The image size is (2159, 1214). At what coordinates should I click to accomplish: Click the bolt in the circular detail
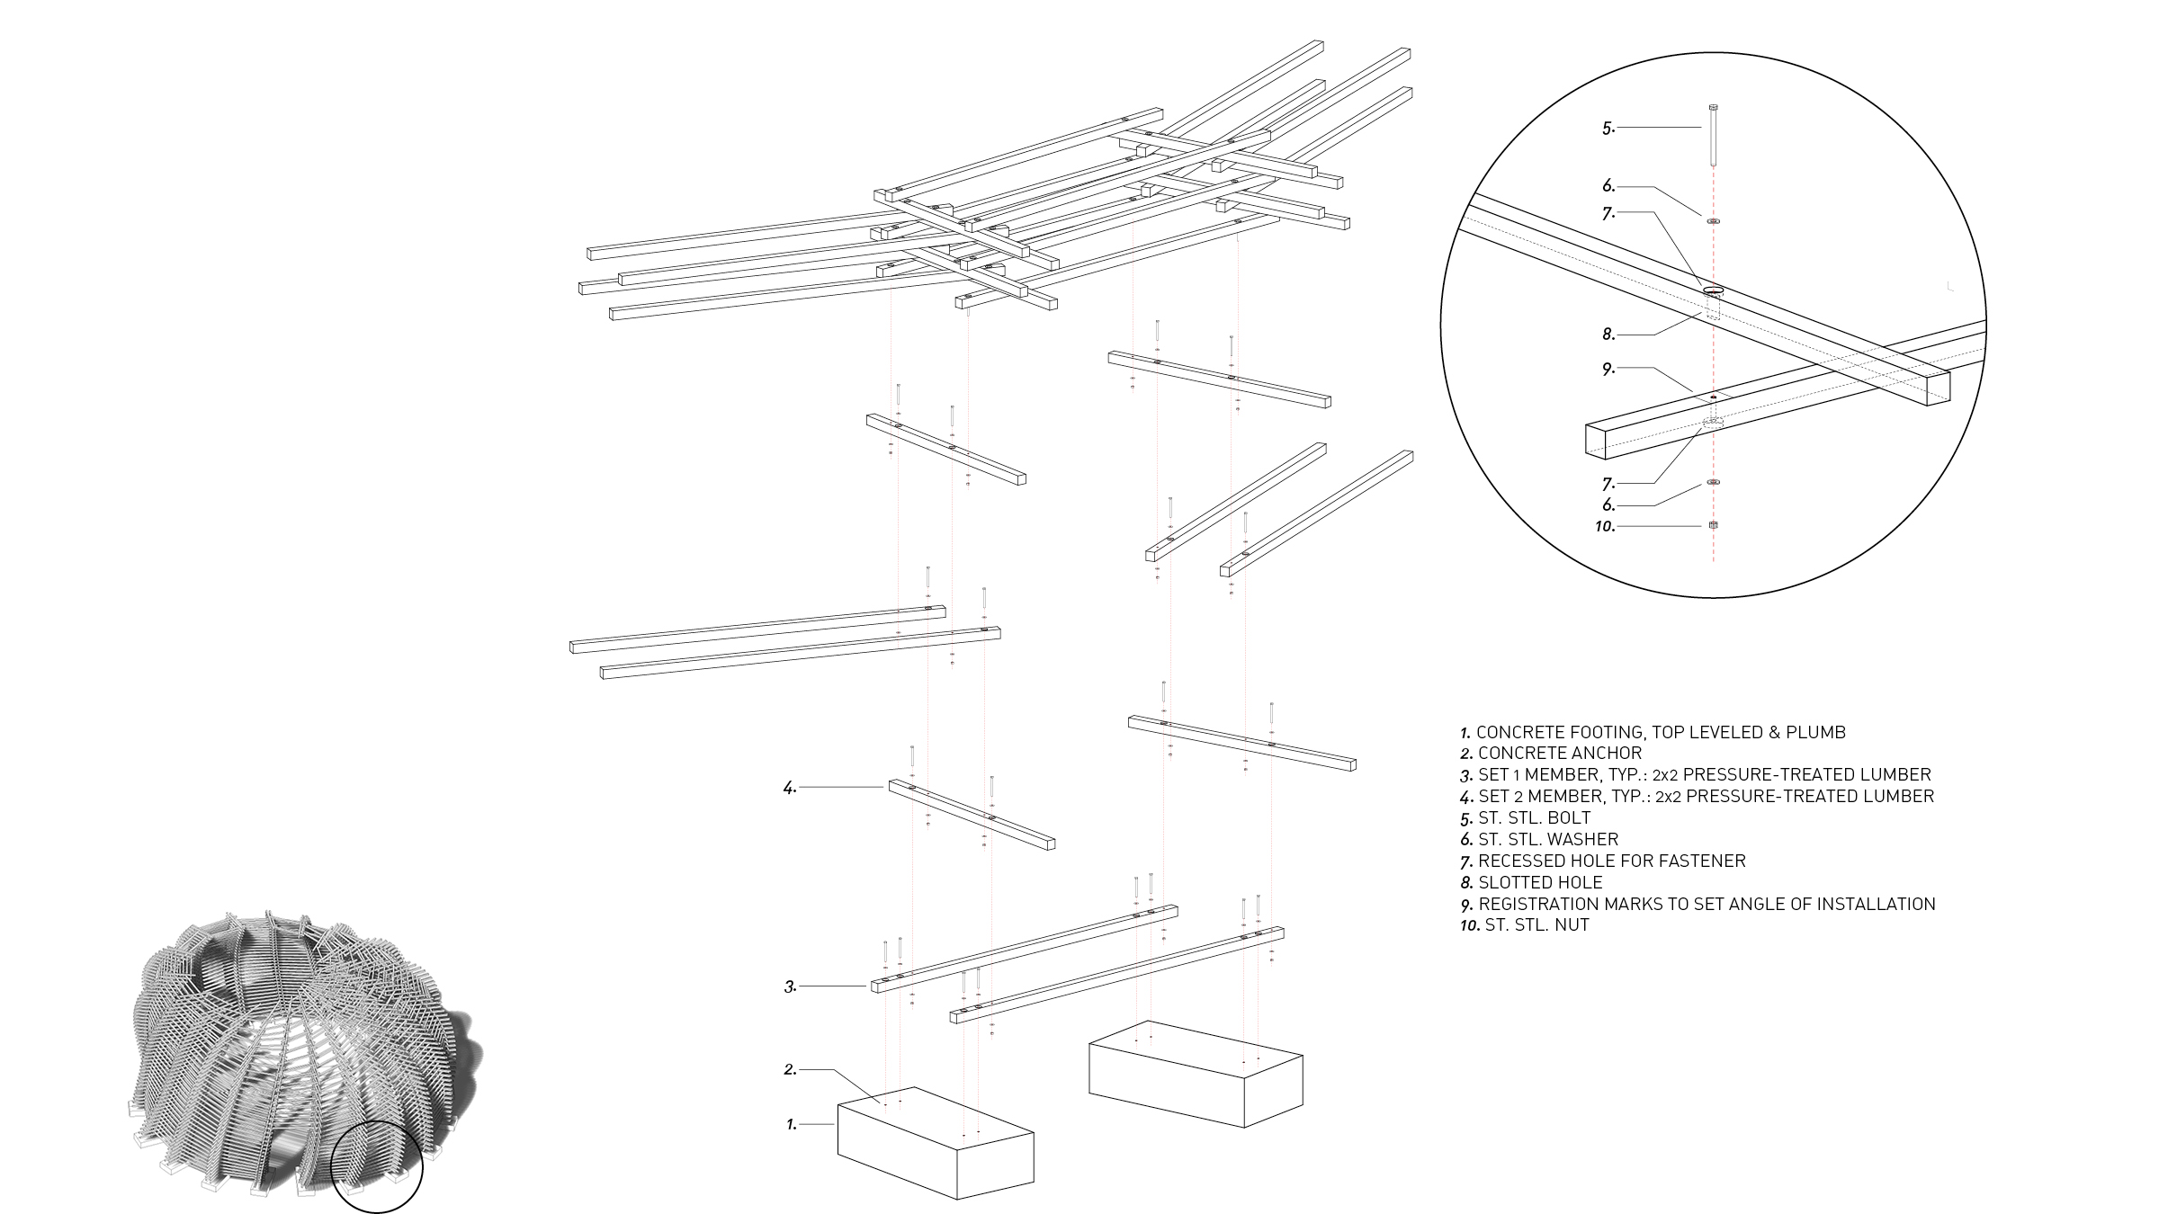pyautogui.click(x=1713, y=135)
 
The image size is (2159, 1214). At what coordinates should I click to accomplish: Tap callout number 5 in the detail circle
pyautogui.click(x=1608, y=129)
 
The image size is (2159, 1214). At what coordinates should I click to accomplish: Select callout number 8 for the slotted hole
pyautogui.click(x=1608, y=335)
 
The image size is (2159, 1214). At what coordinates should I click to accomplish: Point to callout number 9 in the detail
pyautogui.click(x=1608, y=370)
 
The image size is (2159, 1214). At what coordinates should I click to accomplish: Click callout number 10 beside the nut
pyautogui.click(x=1605, y=527)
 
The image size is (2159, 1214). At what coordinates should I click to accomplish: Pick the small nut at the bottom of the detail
pyautogui.click(x=1713, y=525)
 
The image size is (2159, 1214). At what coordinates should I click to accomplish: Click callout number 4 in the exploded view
pyautogui.click(x=790, y=789)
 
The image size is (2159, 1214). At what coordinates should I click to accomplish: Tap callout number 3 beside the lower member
pyautogui.click(x=790, y=987)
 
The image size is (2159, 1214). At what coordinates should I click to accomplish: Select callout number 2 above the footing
pyautogui.click(x=790, y=1070)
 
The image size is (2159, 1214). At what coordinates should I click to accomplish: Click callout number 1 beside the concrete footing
pyautogui.click(x=792, y=1125)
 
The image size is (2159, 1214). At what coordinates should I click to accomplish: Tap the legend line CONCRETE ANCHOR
pyautogui.click(x=1559, y=754)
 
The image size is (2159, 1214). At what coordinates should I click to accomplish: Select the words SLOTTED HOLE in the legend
pyautogui.click(x=1540, y=883)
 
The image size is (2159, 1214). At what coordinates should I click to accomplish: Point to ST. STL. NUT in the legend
pyautogui.click(x=1536, y=925)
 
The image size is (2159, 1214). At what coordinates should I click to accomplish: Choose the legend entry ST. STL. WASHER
pyautogui.click(x=1547, y=840)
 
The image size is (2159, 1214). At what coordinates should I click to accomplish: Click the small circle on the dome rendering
pyautogui.click(x=376, y=1167)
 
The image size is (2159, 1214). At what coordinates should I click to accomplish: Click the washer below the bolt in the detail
pyautogui.click(x=1713, y=220)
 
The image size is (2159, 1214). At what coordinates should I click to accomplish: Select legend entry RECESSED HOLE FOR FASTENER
pyautogui.click(x=1611, y=861)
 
